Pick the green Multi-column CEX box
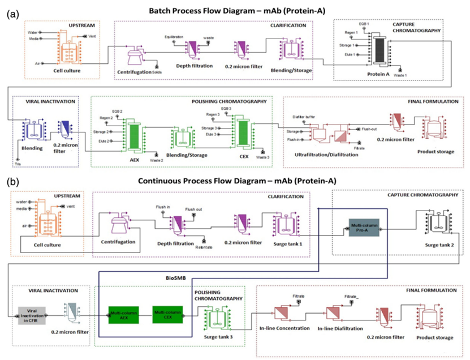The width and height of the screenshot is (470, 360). click(x=169, y=313)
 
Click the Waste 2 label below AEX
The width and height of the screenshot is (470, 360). click(x=158, y=160)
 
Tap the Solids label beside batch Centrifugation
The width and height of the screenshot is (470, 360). click(x=158, y=72)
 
